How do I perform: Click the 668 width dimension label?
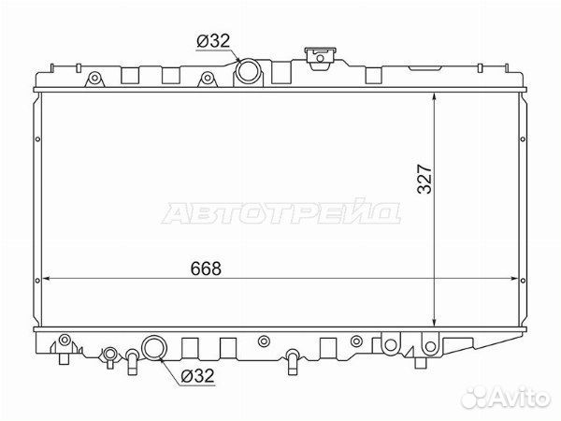click(x=206, y=269)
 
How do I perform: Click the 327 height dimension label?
click(x=425, y=179)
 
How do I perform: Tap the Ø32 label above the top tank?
click(x=213, y=41)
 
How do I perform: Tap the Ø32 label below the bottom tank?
click(x=197, y=376)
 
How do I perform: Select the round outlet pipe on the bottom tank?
click(x=154, y=347)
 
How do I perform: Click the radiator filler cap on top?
click(x=320, y=57)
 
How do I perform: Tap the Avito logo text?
click(x=521, y=397)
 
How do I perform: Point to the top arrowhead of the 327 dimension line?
click(x=434, y=96)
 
